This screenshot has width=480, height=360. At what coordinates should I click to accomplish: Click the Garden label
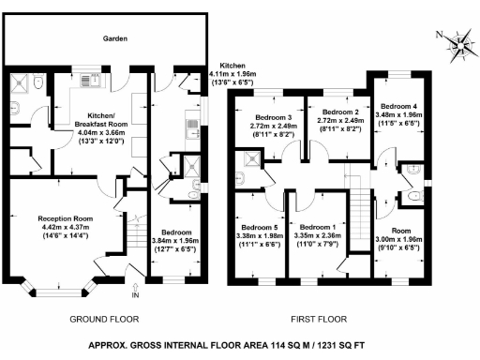point(115,38)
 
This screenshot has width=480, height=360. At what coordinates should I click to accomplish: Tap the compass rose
point(459,42)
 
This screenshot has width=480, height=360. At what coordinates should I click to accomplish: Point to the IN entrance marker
point(134,295)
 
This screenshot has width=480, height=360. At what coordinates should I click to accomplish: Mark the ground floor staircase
point(138,231)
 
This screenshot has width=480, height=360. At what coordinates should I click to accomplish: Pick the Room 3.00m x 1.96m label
point(400,238)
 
